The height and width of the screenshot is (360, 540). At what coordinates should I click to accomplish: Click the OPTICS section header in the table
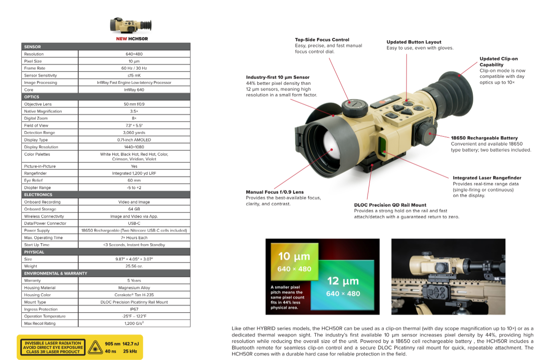(32, 97)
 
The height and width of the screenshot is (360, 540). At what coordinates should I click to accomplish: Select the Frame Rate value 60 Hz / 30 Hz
(134, 68)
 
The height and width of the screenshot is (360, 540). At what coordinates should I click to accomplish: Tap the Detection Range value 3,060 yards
(134, 133)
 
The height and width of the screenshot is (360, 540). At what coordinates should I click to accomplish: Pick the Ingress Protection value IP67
(134, 309)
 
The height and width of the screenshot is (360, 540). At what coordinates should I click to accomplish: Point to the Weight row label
(31, 266)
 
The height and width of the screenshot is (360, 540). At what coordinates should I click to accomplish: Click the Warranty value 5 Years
(134, 281)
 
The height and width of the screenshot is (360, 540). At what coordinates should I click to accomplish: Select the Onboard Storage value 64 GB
(134, 209)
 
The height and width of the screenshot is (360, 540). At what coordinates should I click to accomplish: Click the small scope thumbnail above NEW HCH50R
(132, 26)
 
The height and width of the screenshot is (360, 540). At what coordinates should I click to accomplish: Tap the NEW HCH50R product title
(132, 39)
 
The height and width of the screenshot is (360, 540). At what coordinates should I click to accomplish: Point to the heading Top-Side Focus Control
(322, 40)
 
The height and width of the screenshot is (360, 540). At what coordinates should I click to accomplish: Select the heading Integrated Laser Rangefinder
(487, 178)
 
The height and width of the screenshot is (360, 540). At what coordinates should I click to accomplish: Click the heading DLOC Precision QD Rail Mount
(390, 205)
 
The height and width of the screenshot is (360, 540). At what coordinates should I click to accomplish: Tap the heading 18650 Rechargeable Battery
(484, 138)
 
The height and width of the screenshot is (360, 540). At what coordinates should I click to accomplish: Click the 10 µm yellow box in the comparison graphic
(294, 262)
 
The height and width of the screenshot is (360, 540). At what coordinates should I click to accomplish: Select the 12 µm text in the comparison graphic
(343, 281)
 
